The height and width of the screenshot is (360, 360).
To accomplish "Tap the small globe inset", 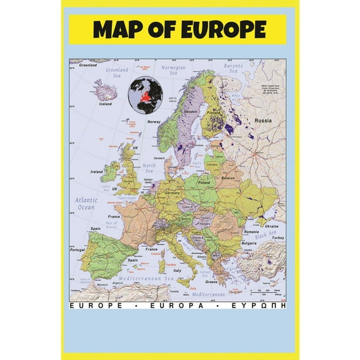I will pos(146,94).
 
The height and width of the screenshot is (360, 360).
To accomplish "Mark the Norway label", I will pos(154,122).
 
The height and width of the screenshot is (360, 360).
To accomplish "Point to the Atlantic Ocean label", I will pos(86,203).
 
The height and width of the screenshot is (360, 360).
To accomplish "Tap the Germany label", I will pos(172,194).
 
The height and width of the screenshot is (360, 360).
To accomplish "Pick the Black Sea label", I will pos(269,234).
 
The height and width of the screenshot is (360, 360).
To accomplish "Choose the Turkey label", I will pos(277,239).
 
